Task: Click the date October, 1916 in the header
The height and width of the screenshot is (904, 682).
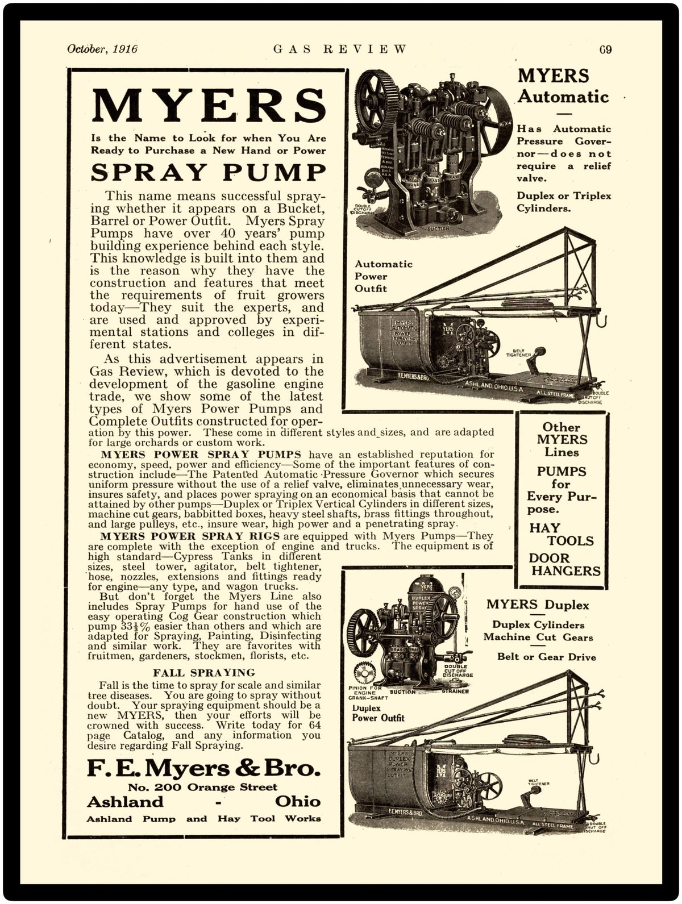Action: tap(102, 49)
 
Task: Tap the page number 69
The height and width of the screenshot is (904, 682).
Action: tap(605, 49)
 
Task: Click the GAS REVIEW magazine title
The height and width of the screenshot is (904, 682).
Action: tap(340, 49)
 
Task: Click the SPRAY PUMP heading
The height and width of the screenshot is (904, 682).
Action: tap(209, 172)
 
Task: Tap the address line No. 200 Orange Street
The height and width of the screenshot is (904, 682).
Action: tap(203, 788)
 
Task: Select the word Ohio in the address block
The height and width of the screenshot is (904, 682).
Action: tap(297, 802)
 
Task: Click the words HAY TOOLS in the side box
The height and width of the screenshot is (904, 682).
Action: tap(561, 534)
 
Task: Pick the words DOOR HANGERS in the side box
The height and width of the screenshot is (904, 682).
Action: tap(564, 564)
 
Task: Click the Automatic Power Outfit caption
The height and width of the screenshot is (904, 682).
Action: tap(384, 276)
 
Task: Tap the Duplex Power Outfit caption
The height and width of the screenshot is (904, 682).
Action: tap(378, 713)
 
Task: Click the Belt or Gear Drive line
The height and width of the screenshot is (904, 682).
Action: tap(546, 657)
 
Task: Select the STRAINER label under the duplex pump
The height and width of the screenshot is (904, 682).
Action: tap(455, 691)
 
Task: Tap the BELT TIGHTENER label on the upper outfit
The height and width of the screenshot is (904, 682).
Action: tap(518, 353)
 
